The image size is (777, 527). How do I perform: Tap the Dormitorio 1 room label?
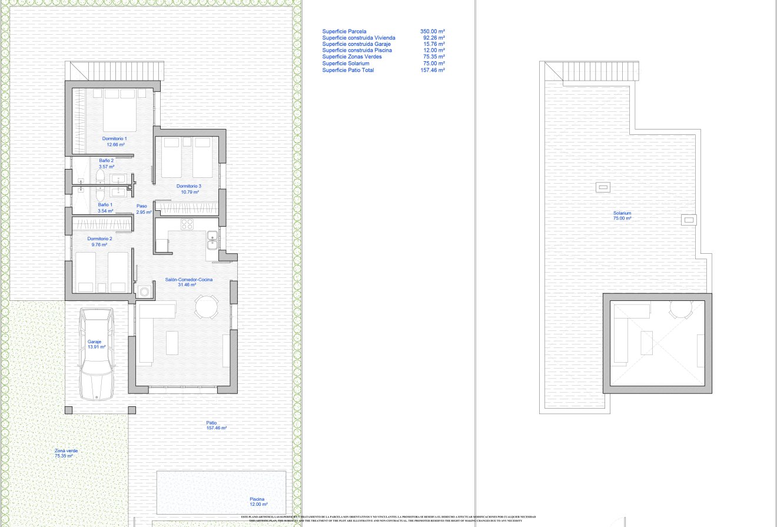coord(114,141)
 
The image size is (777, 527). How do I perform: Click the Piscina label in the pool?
coord(258,501)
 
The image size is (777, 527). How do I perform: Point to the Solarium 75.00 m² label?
coord(622,216)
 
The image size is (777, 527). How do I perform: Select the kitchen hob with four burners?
coord(187,224)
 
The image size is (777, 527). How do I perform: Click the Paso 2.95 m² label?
coord(144,208)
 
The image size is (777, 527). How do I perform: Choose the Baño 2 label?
coord(106,163)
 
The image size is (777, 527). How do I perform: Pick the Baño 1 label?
coord(105,207)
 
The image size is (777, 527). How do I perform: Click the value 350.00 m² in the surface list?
coord(433,31)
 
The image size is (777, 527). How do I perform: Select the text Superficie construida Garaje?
coord(356,44)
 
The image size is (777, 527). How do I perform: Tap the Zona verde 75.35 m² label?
coord(66,453)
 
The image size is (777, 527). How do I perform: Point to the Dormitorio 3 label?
coord(189,189)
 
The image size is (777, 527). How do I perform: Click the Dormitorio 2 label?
coord(99,241)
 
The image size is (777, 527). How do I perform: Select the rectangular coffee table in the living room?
coord(172,343)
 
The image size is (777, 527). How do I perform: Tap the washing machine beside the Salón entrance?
coord(144,290)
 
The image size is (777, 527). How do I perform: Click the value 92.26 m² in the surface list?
coord(434,38)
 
